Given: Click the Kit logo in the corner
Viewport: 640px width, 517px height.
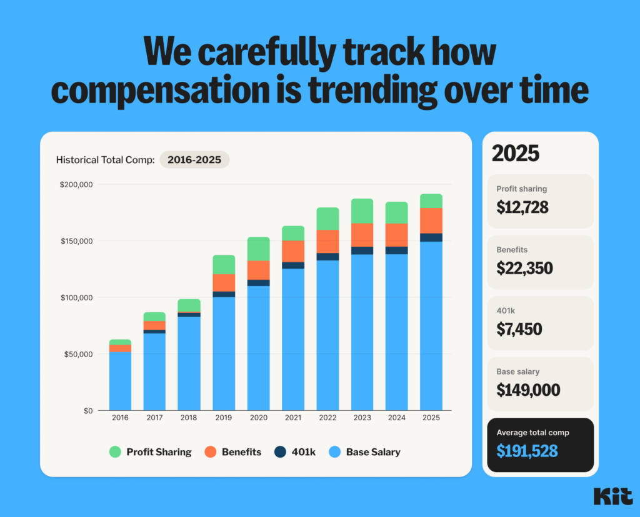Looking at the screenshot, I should (x=610, y=496).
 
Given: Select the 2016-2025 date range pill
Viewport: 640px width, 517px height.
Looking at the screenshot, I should (x=194, y=160).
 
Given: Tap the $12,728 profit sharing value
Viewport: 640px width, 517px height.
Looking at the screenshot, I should (x=522, y=207).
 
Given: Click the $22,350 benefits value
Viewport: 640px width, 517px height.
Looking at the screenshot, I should (x=525, y=268).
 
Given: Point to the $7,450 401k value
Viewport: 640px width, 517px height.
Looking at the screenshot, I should (x=519, y=329).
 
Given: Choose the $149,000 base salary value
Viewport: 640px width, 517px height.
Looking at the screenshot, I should (x=528, y=390).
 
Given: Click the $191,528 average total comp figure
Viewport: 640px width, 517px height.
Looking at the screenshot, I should (x=527, y=451).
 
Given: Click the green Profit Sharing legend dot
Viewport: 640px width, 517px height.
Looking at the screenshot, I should (x=115, y=452).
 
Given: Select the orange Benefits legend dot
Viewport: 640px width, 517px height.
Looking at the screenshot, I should (x=211, y=452).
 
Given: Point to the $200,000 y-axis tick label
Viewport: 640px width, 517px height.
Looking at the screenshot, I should (x=76, y=185).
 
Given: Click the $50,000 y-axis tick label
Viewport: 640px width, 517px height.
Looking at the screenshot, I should (x=78, y=354).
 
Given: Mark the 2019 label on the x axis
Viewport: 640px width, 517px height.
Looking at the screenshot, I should (x=224, y=418).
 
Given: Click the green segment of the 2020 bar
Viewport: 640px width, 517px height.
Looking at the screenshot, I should (x=258, y=249).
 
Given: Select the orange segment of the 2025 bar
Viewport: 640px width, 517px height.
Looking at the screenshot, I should (x=431, y=220).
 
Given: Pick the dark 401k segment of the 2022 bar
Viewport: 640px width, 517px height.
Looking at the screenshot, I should (x=327, y=257).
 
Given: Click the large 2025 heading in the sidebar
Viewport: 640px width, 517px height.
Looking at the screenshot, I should (x=515, y=154).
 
